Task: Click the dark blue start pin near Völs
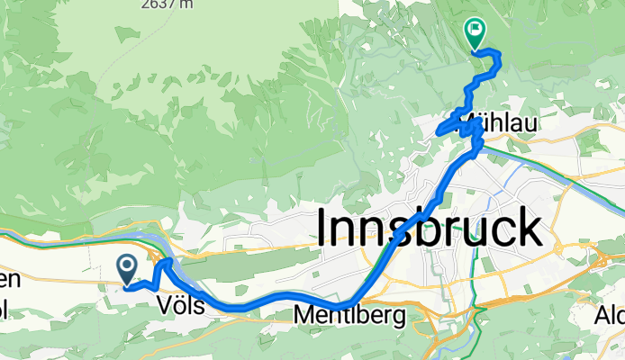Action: click(x=126, y=267)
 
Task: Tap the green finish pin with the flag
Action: click(x=474, y=33)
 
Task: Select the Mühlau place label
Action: click(x=505, y=125)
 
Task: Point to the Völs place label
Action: click(x=181, y=306)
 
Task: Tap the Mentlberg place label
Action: click(x=350, y=315)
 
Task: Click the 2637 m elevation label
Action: click(x=166, y=4)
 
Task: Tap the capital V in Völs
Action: click(x=164, y=306)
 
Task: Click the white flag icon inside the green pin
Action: click(x=474, y=30)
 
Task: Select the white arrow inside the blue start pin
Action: click(x=126, y=265)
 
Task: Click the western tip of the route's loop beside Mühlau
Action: click(x=439, y=132)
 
